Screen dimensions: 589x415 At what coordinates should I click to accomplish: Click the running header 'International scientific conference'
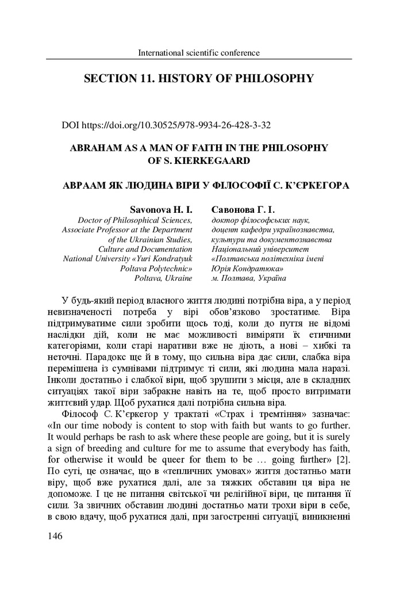tap(199, 53)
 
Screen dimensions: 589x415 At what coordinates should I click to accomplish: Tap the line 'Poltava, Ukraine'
tap(163, 278)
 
